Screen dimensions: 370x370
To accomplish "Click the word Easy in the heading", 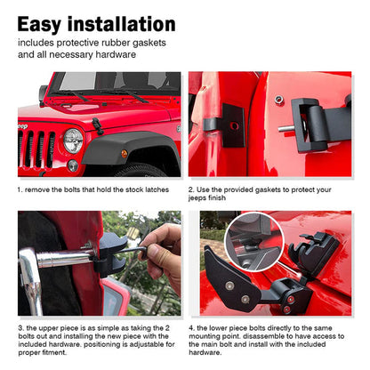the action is click(39, 24).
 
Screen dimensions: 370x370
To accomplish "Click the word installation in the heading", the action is click(122, 24).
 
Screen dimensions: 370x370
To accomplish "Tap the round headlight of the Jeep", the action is click(73, 141).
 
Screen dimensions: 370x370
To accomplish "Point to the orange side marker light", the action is click(125, 154).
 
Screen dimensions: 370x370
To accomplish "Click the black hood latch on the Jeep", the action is click(97, 125).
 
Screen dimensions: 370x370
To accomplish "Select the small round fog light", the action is click(73, 165).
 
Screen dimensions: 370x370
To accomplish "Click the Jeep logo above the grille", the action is click(22, 126).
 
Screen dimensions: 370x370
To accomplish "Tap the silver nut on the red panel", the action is click(278, 100).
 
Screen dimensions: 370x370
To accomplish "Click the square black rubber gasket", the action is click(233, 125).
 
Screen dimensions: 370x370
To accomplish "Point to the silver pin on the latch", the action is click(286, 128).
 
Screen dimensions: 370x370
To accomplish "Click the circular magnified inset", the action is click(254, 242).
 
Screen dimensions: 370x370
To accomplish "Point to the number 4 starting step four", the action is click(191, 328).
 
